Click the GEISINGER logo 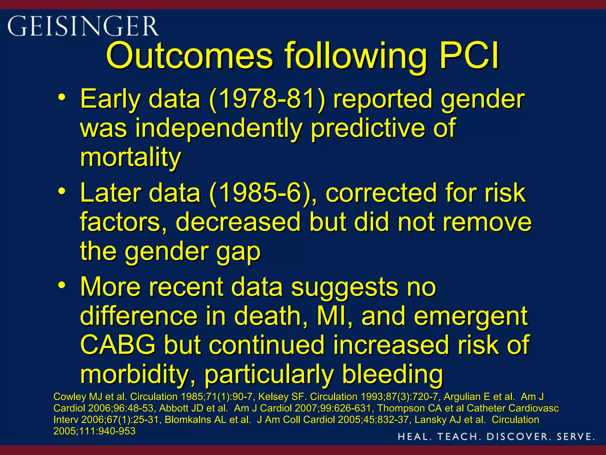pos(83,26)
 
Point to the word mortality pos(130,158)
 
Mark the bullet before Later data pos(62,191)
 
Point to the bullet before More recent pos(62,285)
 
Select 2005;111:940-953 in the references pos(94,431)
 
